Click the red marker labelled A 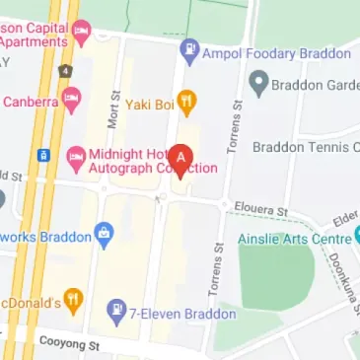pos(180,159)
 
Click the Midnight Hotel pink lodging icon pos(76,156)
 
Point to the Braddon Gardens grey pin pos(258,85)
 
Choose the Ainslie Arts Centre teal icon pos(357,237)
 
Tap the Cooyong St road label pos(69,343)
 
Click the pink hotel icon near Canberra pos(70,100)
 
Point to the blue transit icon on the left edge pos(43,155)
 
